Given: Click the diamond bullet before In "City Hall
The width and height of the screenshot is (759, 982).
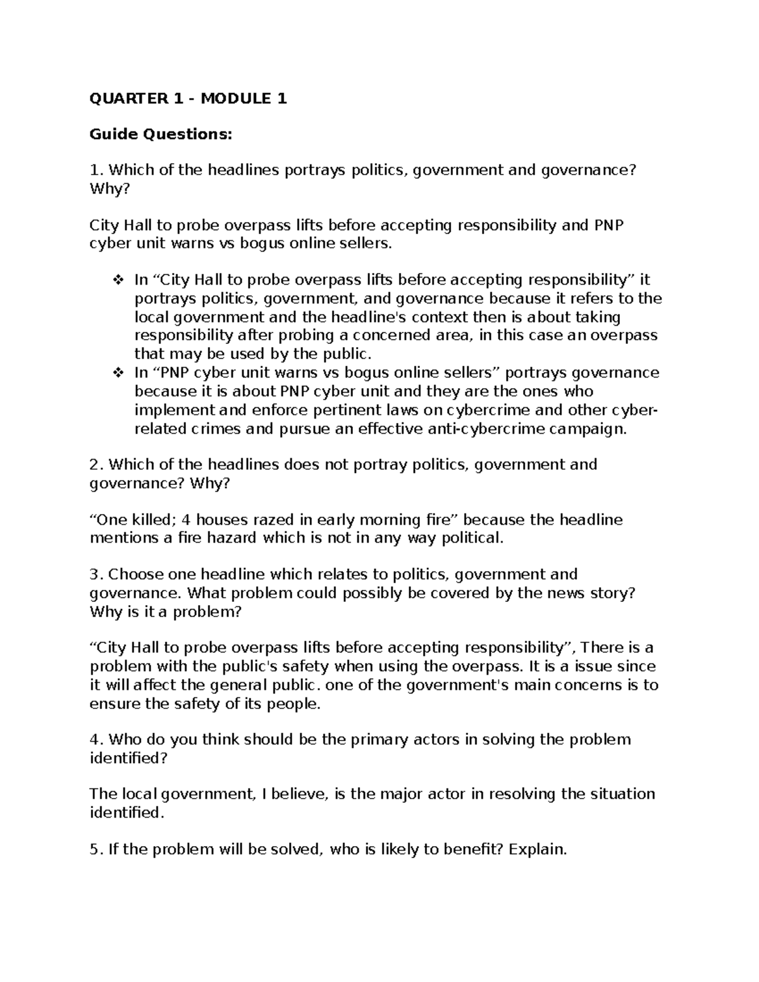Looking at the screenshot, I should tap(117, 280).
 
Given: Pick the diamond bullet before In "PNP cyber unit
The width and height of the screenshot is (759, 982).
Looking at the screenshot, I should tap(117, 373).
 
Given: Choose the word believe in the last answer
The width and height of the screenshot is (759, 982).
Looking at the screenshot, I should tap(300, 794).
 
